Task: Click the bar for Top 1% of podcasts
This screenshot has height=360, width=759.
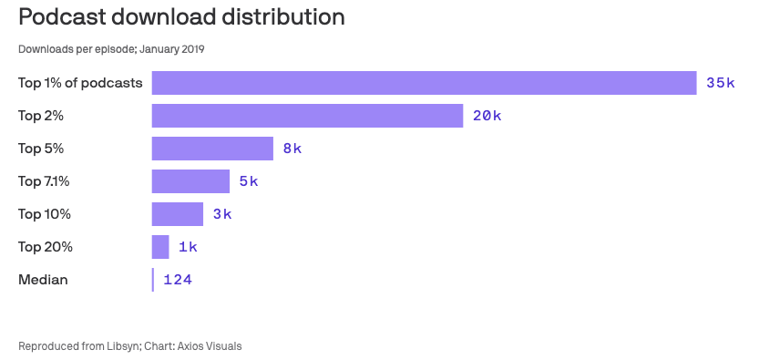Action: (x=424, y=83)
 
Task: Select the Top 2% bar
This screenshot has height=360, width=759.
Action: (x=307, y=116)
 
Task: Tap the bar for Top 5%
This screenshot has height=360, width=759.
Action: (x=212, y=149)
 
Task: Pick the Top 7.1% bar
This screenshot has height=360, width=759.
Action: (x=190, y=181)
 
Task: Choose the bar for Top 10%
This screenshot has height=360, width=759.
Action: (x=177, y=214)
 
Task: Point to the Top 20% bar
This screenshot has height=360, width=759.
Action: (x=160, y=247)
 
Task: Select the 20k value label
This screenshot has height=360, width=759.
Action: (x=487, y=116)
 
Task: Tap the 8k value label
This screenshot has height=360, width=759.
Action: (x=292, y=149)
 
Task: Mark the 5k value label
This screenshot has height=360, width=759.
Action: (x=249, y=181)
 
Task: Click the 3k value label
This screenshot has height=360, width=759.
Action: (x=222, y=214)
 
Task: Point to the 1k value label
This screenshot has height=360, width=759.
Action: (x=188, y=247)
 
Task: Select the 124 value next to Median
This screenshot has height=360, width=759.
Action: (x=178, y=280)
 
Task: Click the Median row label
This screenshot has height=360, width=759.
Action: (x=43, y=280)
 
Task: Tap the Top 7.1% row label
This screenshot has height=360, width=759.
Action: (x=44, y=181)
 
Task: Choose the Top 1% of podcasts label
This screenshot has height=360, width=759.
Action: (x=80, y=83)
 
